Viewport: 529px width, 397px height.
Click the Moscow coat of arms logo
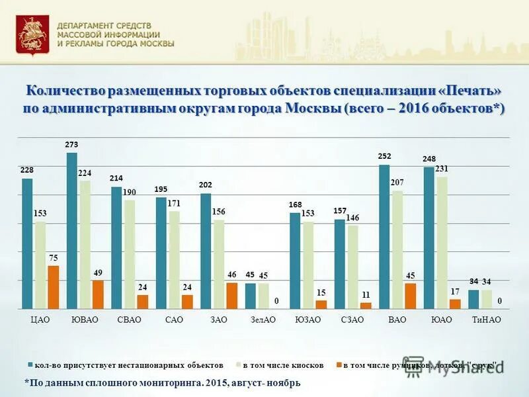(28, 34)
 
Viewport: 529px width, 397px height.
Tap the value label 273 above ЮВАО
(71, 144)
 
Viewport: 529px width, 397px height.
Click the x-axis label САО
(174, 320)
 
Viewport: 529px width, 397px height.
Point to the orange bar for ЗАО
(232, 296)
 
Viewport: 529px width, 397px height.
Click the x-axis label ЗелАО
(262, 320)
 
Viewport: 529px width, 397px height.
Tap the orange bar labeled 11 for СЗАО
(366, 306)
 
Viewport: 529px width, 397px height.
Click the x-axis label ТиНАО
(486, 320)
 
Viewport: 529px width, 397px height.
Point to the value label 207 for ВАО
(397, 181)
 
